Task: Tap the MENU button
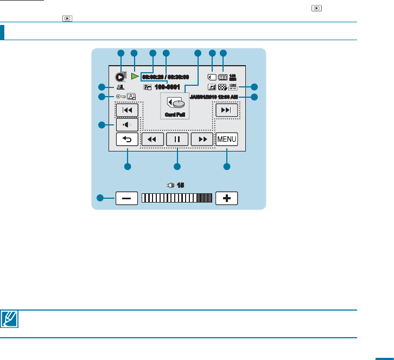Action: pos(226,140)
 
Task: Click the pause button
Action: pos(177,140)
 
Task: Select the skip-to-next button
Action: pos(226,110)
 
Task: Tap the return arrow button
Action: pos(127,140)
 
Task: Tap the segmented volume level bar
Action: pos(177,198)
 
